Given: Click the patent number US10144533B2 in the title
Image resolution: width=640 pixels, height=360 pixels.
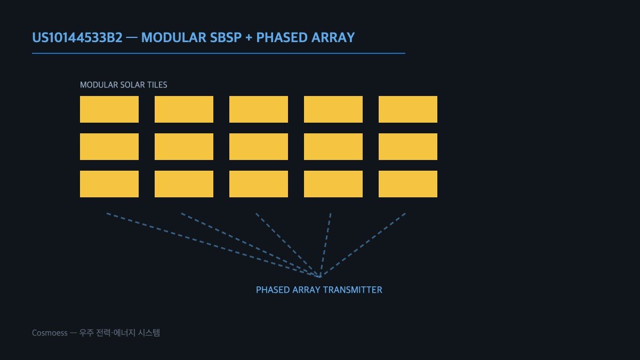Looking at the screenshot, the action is pos(77,37).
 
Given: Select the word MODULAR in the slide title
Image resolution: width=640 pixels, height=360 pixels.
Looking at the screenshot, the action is pos(174,37).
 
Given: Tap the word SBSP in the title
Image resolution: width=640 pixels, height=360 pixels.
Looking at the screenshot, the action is pos(226,37).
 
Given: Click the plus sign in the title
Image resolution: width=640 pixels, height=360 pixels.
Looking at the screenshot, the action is pos(249,38).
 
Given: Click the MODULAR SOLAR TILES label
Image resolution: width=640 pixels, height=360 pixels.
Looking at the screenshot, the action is pos(123,85).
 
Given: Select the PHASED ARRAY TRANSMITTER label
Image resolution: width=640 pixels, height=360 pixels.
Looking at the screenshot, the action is pos(319,290).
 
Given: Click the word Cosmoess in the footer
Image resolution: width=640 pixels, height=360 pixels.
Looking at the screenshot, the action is pos(50,333).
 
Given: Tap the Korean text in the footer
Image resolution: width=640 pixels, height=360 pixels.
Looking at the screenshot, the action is pos(119,333).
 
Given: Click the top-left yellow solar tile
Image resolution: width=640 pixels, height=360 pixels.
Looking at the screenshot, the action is pos(109,109).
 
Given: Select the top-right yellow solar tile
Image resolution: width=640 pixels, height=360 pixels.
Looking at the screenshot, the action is pos(408,109).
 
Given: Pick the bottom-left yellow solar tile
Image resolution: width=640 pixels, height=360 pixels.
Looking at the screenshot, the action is pos(109,184).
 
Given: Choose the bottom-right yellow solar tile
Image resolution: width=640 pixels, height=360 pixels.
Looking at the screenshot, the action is pos(408,184).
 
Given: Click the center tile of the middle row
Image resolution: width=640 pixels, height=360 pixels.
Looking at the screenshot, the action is pos(259,147).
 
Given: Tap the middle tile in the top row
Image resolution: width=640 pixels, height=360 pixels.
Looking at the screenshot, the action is pos(259,109).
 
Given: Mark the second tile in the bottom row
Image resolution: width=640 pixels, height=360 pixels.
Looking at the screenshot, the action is pos(184,184).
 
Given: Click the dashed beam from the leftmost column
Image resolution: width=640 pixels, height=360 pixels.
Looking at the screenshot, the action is pos(213,245).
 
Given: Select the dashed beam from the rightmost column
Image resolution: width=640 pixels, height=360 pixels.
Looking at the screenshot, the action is pos(363,245).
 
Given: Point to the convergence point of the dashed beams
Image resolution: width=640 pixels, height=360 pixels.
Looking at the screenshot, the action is pos(320,277).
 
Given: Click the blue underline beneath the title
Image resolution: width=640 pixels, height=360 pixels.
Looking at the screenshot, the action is pos(219,53).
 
